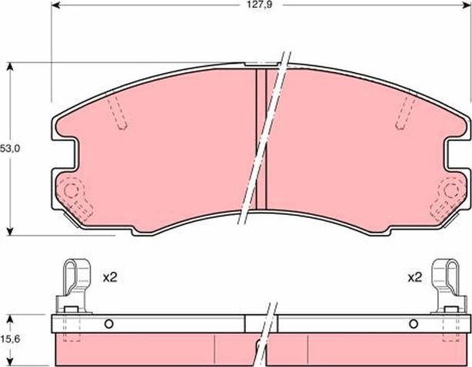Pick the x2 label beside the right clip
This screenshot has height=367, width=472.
click(x=414, y=277)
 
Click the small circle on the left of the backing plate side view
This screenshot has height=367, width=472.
click(x=108, y=322)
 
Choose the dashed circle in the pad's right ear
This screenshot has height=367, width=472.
click(x=448, y=190)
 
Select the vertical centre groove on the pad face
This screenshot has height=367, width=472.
click(x=260, y=138)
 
